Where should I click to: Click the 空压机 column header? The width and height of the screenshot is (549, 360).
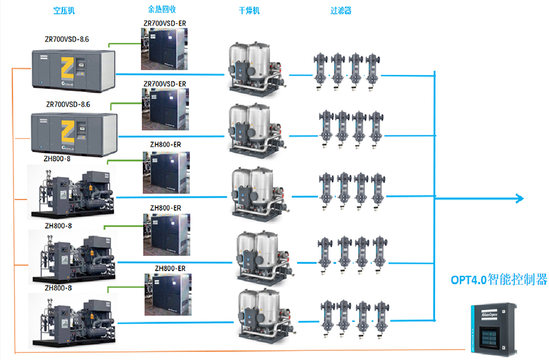pos(64,10)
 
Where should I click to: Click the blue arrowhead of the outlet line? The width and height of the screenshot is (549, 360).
pos(518,198)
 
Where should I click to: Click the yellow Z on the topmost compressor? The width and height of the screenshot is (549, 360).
pos(68,66)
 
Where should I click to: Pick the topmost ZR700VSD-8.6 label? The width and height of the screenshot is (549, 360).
pos(67,39)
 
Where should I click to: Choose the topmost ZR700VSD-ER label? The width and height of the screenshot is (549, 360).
pos(165,23)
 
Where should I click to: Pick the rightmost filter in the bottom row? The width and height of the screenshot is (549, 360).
pos(382,315)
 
